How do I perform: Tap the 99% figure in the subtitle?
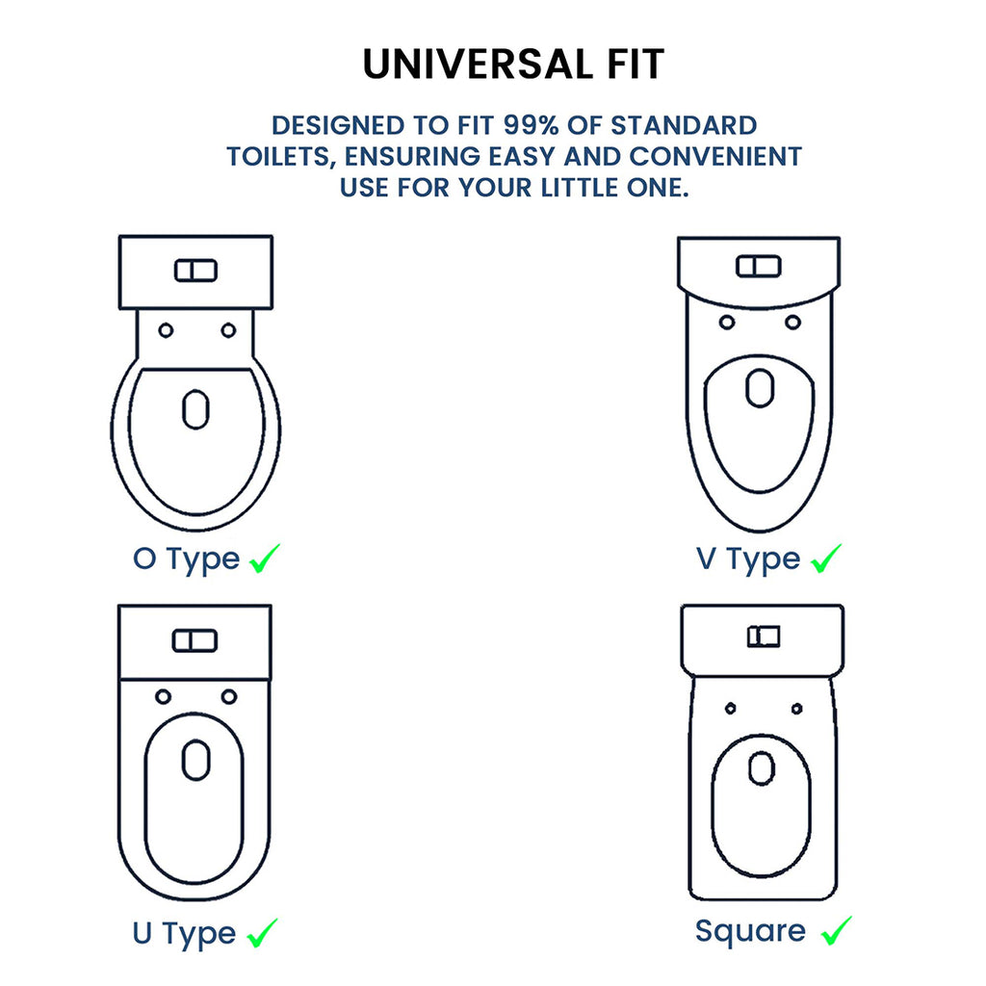531,125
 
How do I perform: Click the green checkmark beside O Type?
265,558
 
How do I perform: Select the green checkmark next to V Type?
826,558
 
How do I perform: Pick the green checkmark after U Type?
262,933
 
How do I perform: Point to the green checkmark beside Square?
837,931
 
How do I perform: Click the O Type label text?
186,559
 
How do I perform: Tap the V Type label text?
748,559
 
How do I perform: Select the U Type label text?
184,934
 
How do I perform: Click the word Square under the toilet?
750,931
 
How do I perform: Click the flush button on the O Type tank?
195,271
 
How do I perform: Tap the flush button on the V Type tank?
759,266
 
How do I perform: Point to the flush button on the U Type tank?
195,640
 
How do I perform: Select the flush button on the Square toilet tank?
764,636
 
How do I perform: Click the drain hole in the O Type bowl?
195,409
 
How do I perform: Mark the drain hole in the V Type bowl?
760,388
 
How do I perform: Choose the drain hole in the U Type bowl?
195,761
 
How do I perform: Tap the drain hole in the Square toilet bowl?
763,768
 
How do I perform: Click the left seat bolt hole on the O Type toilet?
166,331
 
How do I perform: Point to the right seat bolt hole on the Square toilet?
796,709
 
